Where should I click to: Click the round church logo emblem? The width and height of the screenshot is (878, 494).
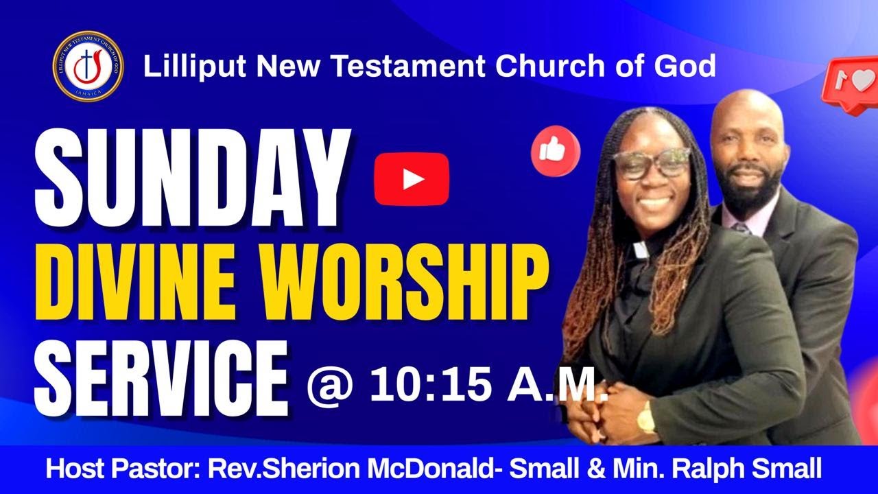88,67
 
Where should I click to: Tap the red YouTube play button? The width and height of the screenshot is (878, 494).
412,179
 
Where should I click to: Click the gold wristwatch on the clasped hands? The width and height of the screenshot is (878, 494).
646,418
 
